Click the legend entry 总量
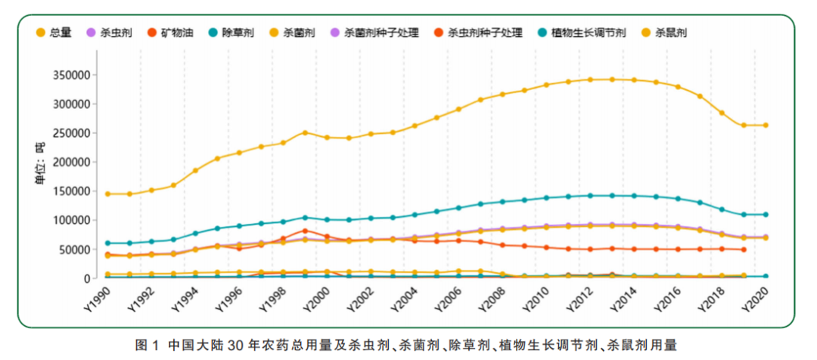(54, 33)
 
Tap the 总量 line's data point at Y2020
(766, 126)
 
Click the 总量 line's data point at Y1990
(108, 194)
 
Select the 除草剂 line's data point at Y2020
(766, 215)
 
